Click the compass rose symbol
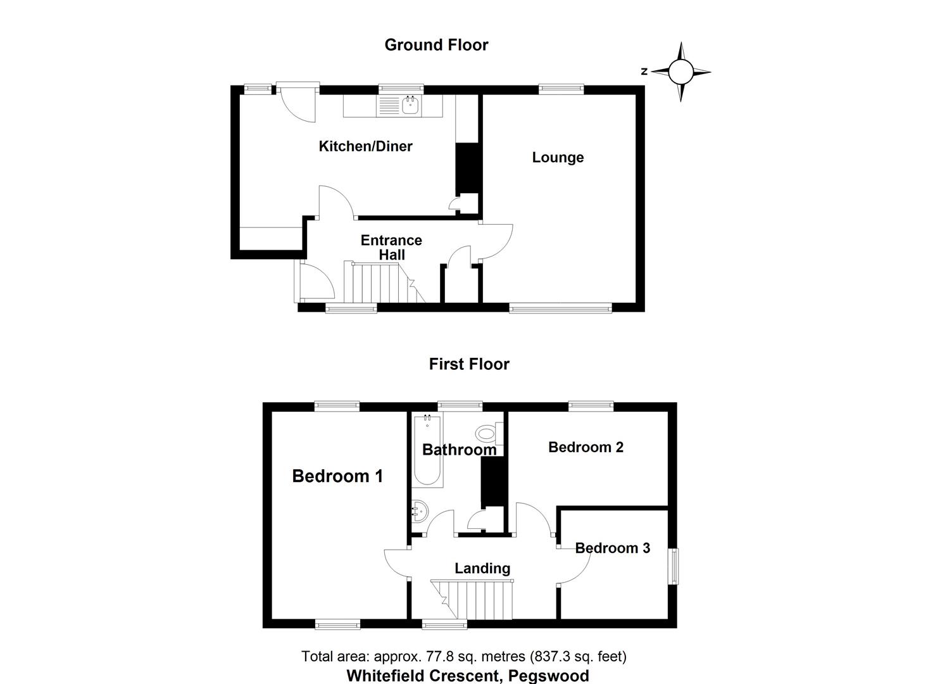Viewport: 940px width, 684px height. click(681, 72)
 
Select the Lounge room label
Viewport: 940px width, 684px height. click(558, 157)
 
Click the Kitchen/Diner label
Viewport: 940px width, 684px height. click(365, 146)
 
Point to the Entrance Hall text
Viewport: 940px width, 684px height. click(391, 247)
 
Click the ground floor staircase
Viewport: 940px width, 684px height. click(377, 283)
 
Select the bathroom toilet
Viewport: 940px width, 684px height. click(487, 434)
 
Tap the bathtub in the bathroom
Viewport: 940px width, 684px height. click(427, 450)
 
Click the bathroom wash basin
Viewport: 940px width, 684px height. click(419, 509)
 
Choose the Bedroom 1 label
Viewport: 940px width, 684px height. click(337, 476)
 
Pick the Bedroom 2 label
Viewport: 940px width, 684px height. click(586, 447)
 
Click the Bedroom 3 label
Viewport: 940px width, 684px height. click(612, 548)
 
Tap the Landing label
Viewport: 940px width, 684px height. click(482, 568)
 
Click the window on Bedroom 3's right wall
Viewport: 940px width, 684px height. click(674, 566)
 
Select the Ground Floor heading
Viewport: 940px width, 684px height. click(436, 45)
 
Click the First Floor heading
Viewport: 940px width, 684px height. click(469, 364)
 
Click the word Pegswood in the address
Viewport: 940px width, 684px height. click(550, 676)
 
